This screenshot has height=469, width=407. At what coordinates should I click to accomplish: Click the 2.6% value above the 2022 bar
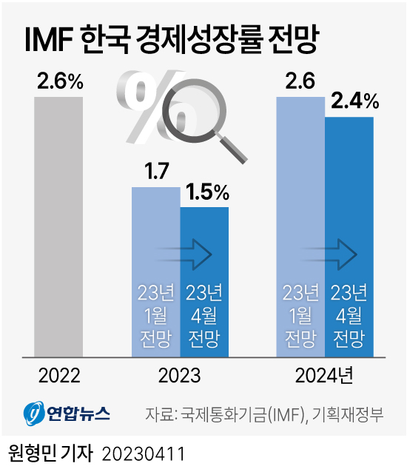tap(59, 82)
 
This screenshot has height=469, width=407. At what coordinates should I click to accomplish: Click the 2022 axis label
tap(59, 376)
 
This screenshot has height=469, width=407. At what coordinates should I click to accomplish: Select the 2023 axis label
tap(180, 376)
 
